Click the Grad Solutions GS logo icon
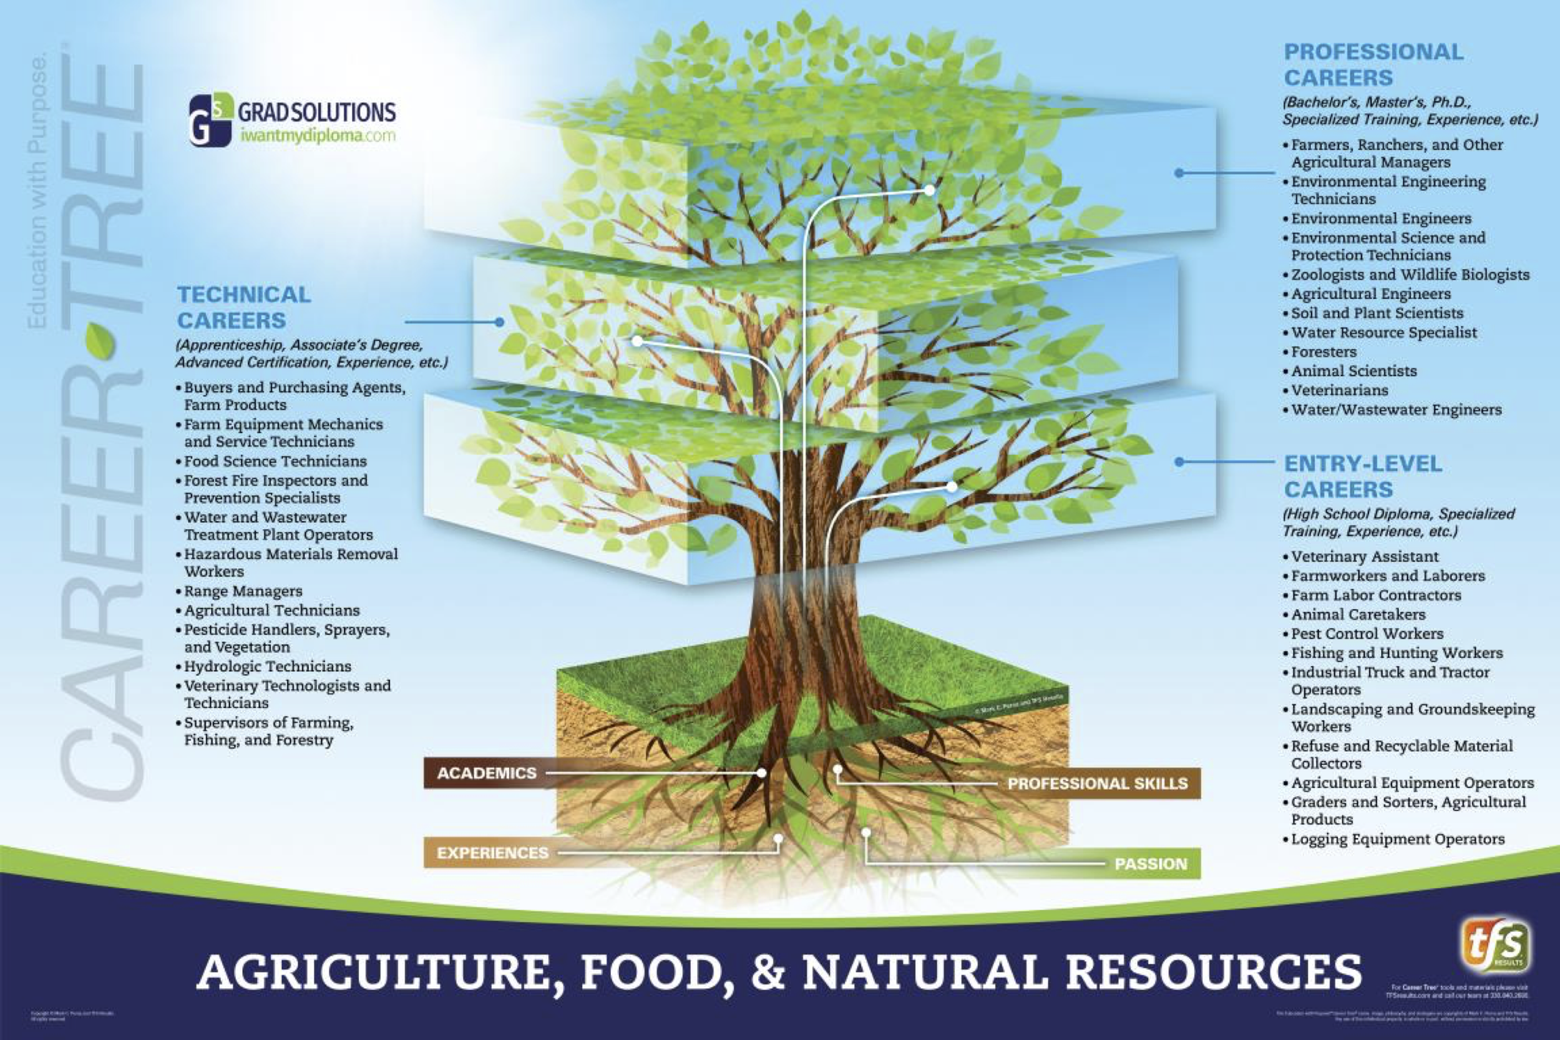pos(210,120)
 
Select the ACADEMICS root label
pos(487,773)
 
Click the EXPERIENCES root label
pos(492,853)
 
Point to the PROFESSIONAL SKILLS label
pos(1097,784)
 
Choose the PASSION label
pos(1150,864)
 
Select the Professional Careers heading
pos(1373,65)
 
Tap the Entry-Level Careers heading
pos(1362,476)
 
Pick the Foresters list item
pos(1324,352)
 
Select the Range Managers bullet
pos(243,591)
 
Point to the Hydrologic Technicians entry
pos(267,667)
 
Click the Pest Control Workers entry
pos(1367,634)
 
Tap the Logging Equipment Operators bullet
pos(1398,839)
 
